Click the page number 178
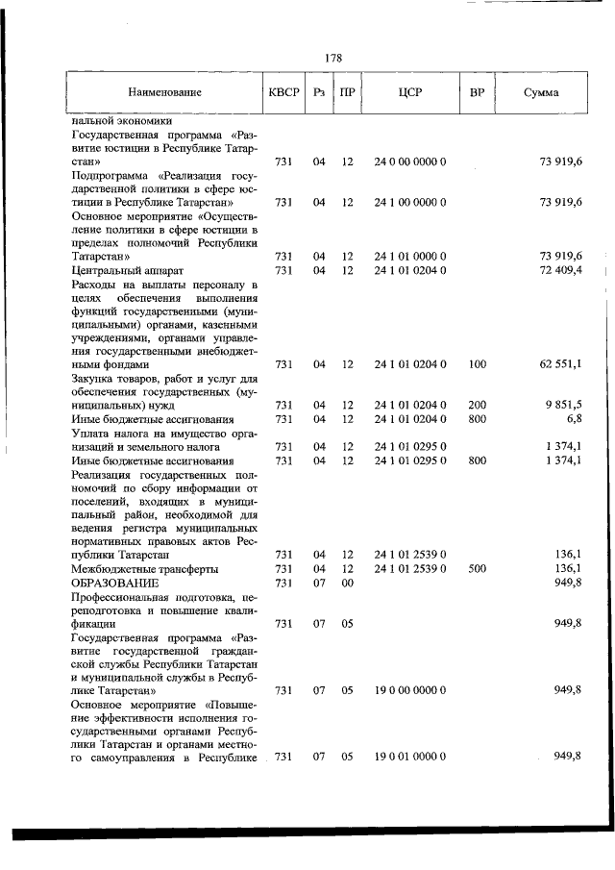(333, 58)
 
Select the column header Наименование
(164, 93)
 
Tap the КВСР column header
(283, 93)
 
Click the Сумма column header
(542, 93)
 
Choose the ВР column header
(477, 93)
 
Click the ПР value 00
(348, 583)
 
